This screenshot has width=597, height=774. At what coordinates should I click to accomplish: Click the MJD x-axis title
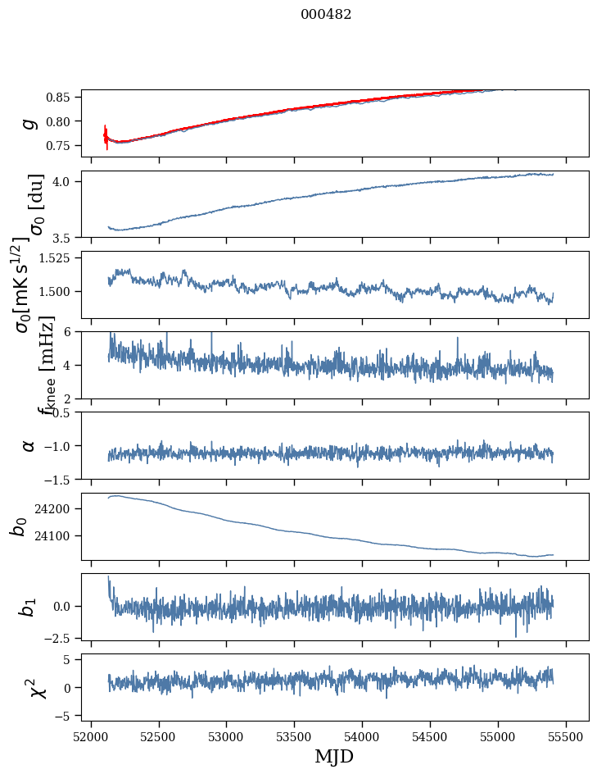(x=334, y=756)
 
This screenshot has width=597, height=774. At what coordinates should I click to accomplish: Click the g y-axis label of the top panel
(x=30, y=123)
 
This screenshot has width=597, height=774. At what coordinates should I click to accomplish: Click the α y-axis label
(x=29, y=445)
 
